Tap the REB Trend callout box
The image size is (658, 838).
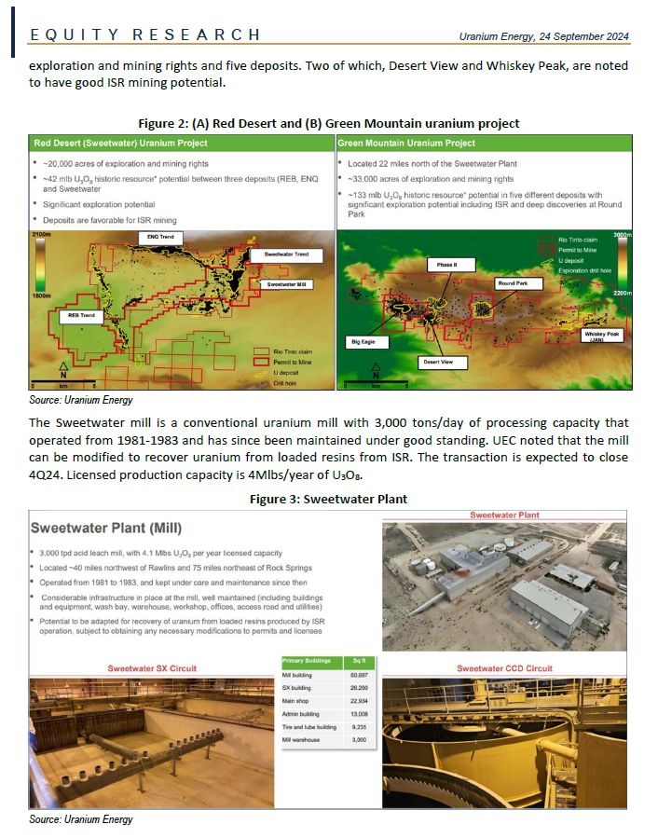82,316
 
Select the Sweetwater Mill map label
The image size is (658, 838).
290,283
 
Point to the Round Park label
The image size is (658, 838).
514,282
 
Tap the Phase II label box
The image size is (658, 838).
446,266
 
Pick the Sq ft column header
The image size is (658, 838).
356,661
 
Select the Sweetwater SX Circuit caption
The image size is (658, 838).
153,668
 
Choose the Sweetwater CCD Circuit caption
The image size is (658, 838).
504,668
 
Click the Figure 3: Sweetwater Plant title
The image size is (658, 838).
328,499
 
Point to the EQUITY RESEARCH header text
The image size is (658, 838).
145,35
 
